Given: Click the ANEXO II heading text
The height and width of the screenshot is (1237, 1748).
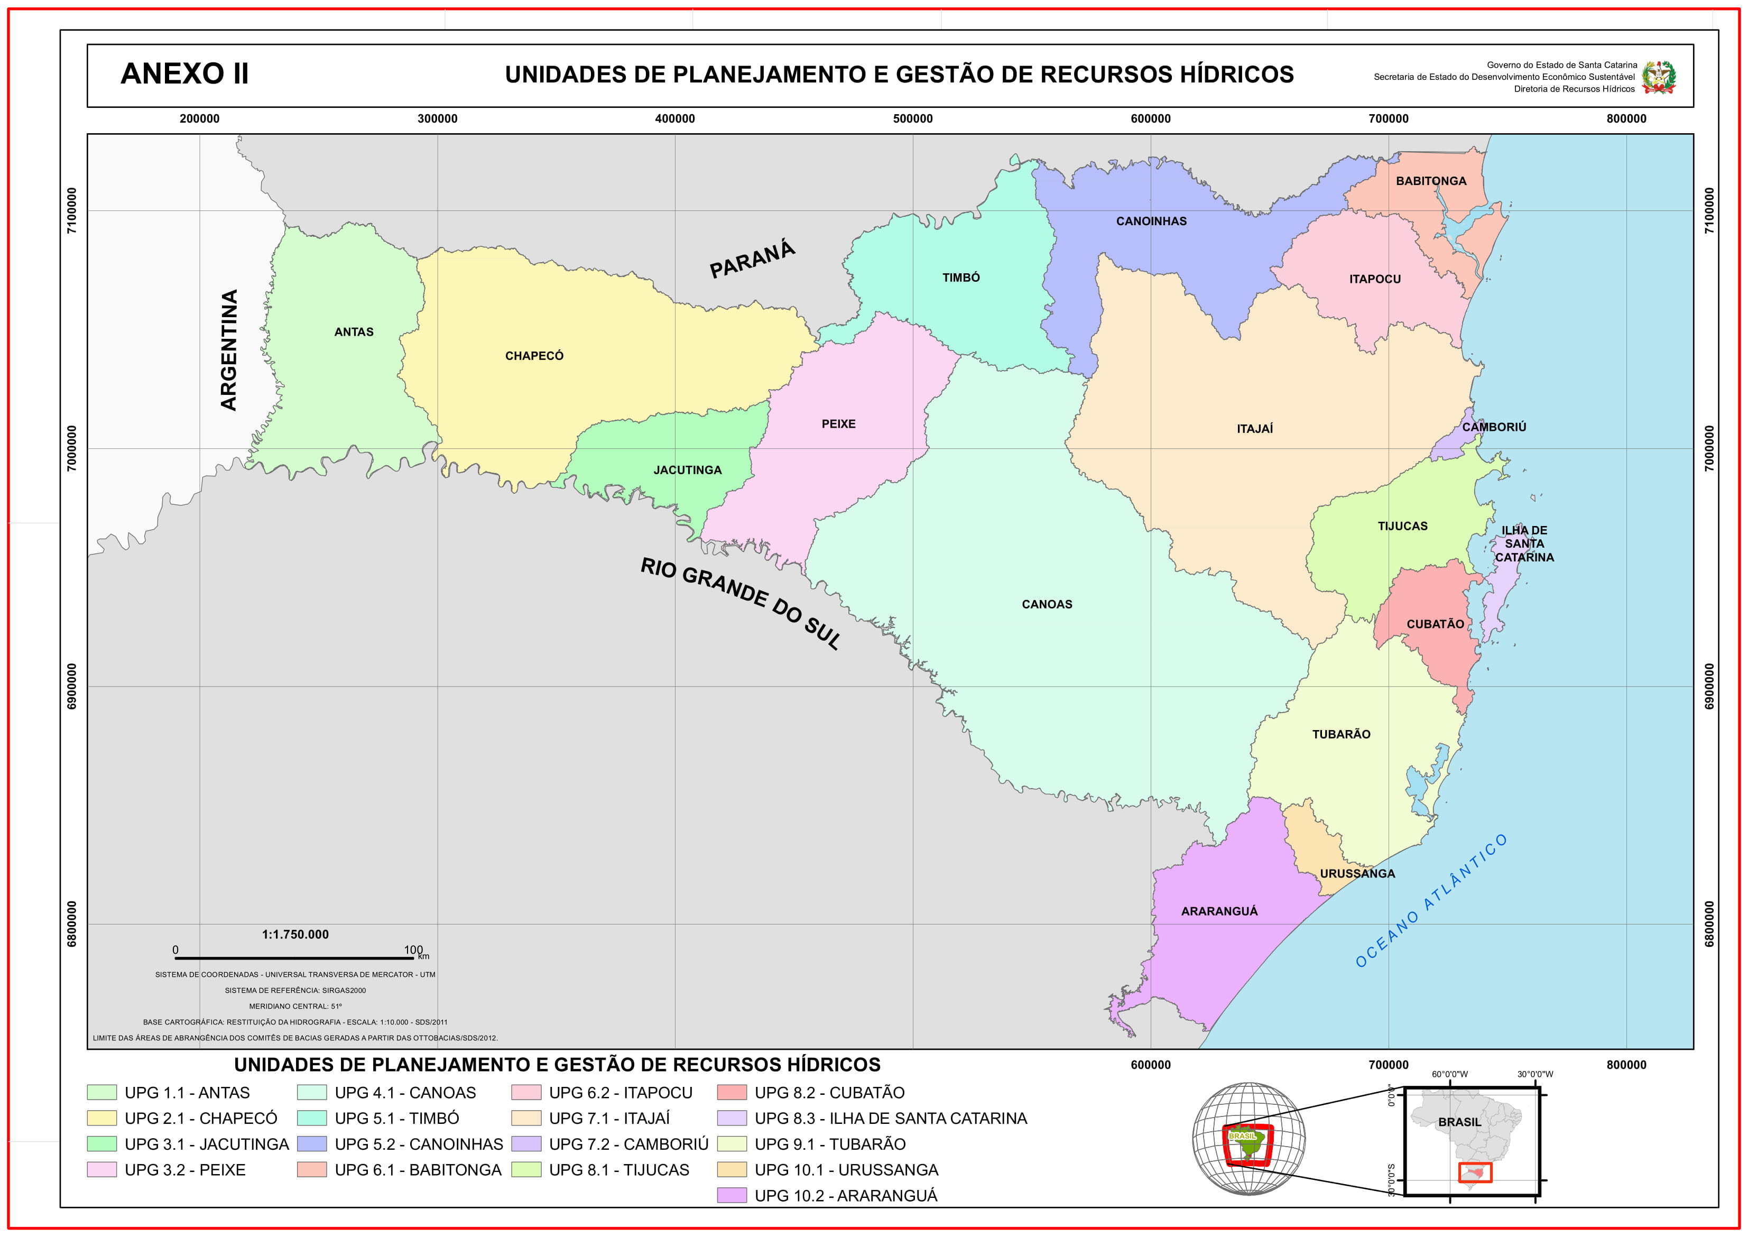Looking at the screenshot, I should pyautogui.click(x=184, y=74).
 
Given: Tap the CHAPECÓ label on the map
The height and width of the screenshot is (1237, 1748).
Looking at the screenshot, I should pyautogui.click(x=534, y=356).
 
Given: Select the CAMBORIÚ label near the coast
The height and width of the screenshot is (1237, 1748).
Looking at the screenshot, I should pyautogui.click(x=1494, y=427).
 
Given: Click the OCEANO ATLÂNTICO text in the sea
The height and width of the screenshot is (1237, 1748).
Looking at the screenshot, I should pyautogui.click(x=1430, y=901).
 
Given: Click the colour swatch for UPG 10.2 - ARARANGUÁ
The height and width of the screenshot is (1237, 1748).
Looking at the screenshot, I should pyautogui.click(x=731, y=1195).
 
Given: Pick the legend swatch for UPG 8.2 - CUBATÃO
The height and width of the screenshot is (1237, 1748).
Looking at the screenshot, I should pyautogui.click(x=731, y=1092).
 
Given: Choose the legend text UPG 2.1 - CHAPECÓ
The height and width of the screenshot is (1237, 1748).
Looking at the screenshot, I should pyautogui.click(x=201, y=1118).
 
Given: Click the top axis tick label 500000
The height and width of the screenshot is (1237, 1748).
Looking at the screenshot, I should pyautogui.click(x=912, y=119).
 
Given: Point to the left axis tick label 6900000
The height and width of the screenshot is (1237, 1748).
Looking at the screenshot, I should pyautogui.click(x=72, y=686).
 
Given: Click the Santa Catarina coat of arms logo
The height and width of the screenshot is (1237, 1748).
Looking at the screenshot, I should pyautogui.click(x=1658, y=77).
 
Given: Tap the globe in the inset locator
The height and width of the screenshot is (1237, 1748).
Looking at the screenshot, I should pyautogui.click(x=1247, y=1139).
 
